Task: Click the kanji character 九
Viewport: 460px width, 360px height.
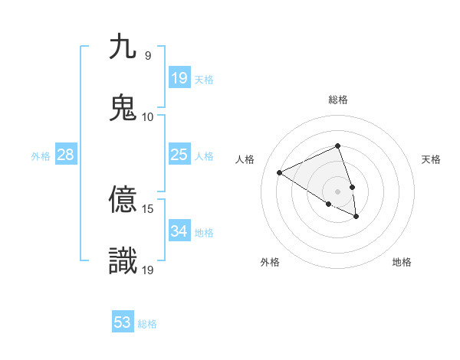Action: pos(123,47)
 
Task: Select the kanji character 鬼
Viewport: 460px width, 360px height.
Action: pos(123,106)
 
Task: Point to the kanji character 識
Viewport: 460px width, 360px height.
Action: pos(123,260)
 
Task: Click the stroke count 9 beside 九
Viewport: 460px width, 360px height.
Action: pos(147,56)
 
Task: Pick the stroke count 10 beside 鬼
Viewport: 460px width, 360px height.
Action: pos(148,116)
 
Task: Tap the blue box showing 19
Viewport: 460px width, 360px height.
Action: pos(179,77)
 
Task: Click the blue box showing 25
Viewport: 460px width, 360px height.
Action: pos(179,155)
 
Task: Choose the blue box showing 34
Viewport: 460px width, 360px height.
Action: pos(179,231)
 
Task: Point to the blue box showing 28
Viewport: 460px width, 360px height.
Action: pos(65,155)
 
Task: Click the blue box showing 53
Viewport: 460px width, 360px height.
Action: pos(123,322)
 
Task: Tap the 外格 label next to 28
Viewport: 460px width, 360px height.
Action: pos(41,155)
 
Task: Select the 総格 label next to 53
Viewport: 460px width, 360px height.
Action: pos(147,324)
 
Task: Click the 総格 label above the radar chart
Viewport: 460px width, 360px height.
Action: pos(338,100)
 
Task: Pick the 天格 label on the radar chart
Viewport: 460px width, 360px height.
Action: pos(432,159)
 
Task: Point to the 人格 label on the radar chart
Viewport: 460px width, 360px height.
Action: pos(245,159)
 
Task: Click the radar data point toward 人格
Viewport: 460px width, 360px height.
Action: pos(280,172)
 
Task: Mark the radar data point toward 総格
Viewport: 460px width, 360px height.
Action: pos(338,146)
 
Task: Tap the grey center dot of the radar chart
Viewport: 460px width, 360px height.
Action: pos(338,191)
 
